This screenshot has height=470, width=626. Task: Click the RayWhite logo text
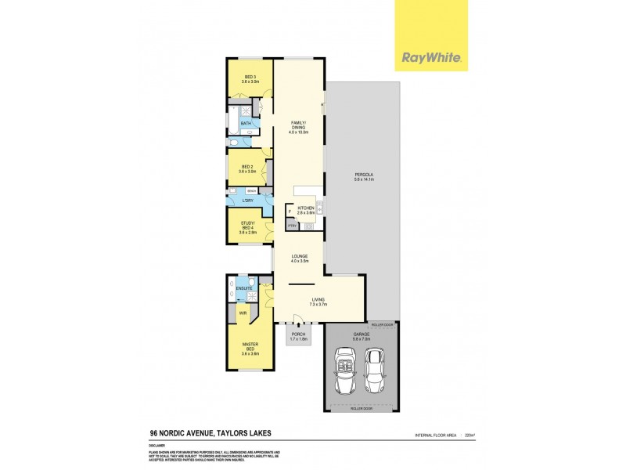[x=430, y=57]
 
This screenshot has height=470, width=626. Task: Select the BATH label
[x=246, y=123]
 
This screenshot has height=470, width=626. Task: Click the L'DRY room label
[x=247, y=201]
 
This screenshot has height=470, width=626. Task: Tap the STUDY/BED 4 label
[x=249, y=227]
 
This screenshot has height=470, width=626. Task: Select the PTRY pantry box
[x=291, y=226]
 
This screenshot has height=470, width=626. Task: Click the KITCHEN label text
[x=306, y=208]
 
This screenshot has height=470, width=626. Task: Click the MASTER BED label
[x=250, y=347]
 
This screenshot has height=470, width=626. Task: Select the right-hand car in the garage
[x=376, y=371]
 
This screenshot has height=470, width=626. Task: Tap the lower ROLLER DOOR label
[x=362, y=408]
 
